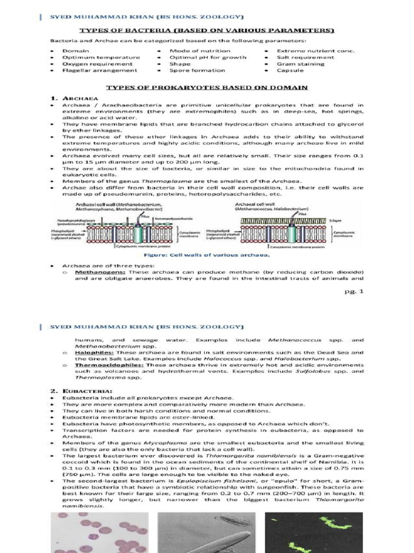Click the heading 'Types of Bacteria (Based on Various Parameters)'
[207, 30]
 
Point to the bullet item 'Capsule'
[290, 70]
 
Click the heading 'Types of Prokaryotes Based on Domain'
[206, 87]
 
